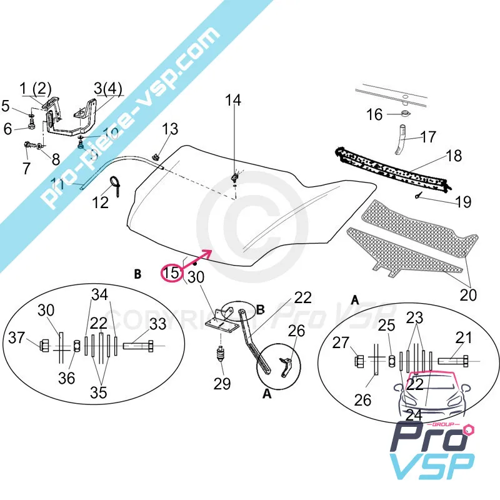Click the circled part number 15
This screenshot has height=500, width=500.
171,272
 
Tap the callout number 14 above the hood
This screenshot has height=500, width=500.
232,100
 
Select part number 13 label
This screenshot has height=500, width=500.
170,129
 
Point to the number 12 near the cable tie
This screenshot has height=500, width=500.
101,202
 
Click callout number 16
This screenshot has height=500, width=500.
374,114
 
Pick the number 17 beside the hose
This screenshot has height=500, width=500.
428,136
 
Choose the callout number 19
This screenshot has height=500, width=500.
463,202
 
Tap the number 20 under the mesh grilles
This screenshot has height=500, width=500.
467,294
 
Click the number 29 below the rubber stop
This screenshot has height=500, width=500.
222,384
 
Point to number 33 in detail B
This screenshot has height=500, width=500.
158,324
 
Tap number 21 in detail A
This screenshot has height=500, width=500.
464,338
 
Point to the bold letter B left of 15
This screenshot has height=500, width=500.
137,273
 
